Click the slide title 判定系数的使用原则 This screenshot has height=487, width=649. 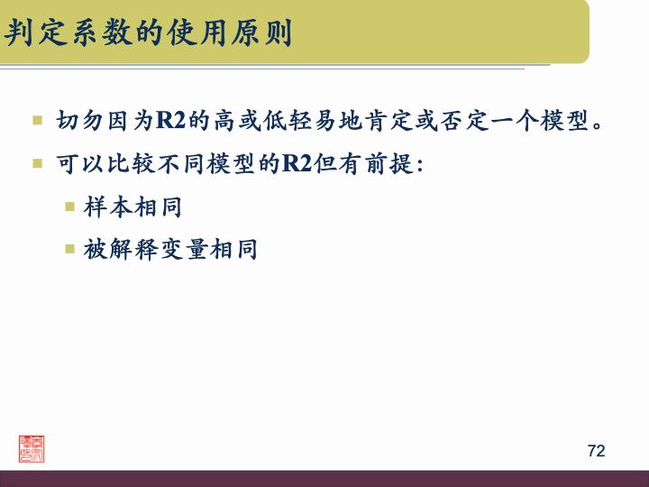[149, 33]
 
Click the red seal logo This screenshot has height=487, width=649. [32, 448]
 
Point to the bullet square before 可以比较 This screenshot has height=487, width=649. [38, 164]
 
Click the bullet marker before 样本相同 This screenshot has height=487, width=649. [69, 207]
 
